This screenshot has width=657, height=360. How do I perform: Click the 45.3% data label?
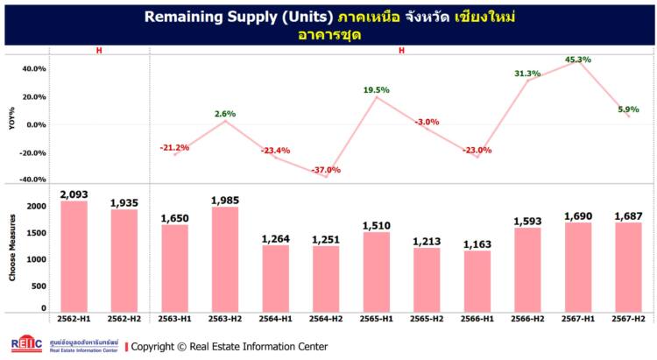coord(578,60)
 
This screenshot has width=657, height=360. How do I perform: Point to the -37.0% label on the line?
coord(326,170)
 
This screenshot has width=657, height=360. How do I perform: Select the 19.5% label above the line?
coord(377,89)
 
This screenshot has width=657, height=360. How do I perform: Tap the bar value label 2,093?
coord(74,194)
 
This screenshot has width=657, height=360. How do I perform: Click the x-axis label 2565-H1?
coord(377,320)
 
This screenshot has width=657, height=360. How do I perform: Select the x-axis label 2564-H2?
coord(326,320)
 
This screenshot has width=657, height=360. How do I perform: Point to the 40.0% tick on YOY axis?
coord(34,68)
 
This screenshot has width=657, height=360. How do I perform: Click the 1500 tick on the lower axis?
coord(36,233)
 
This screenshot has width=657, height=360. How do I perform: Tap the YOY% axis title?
coord(11,120)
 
